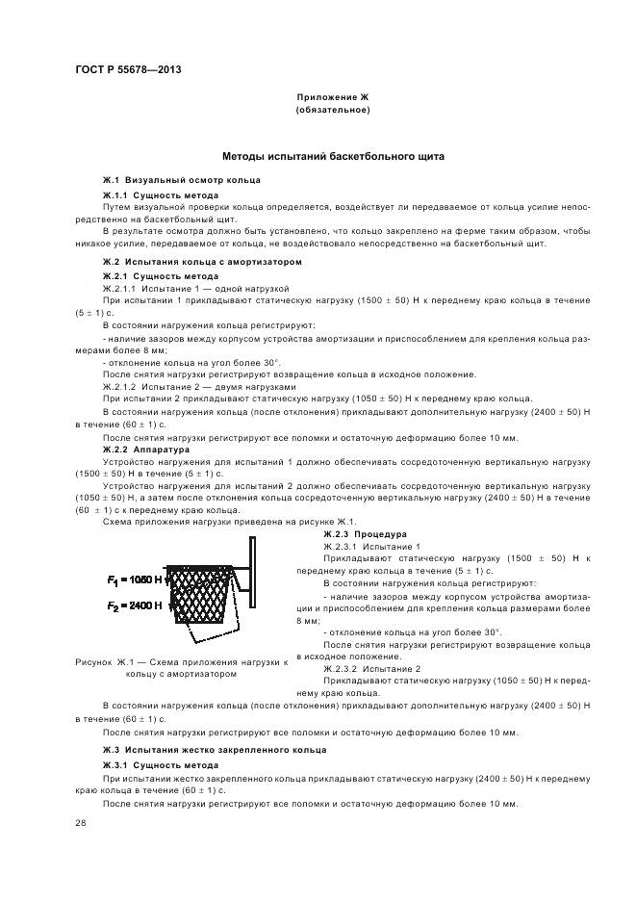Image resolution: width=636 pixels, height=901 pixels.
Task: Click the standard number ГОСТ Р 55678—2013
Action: pos(128,70)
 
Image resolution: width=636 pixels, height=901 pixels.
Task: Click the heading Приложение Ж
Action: pos(332,98)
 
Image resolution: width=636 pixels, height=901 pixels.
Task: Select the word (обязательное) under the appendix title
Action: pos(332,110)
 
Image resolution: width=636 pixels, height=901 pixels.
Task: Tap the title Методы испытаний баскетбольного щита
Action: pos(333,156)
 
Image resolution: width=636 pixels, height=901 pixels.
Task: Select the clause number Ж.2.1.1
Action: pos(120,288)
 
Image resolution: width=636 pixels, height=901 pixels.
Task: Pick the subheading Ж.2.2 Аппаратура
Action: pos(146,449)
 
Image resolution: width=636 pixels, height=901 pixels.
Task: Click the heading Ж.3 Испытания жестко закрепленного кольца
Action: pos(215,749)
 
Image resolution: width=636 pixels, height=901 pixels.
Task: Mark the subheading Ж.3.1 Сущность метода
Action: pos(161,763)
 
